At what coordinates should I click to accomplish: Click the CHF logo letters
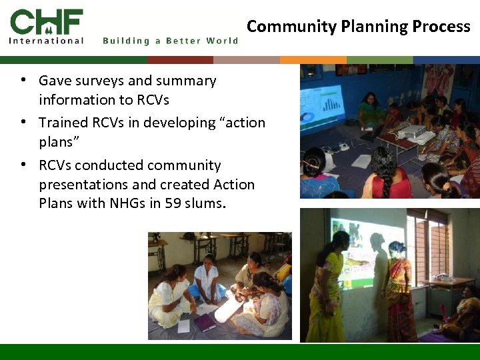(47, 21)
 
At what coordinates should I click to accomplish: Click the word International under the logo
(47, 41)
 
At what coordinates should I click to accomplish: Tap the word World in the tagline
(222, 41)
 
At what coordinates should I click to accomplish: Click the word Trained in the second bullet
(62, 123)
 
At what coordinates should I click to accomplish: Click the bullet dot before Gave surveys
(23, 80)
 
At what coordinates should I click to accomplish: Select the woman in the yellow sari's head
(339, 241)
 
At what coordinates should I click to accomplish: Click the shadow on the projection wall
(379, 273)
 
